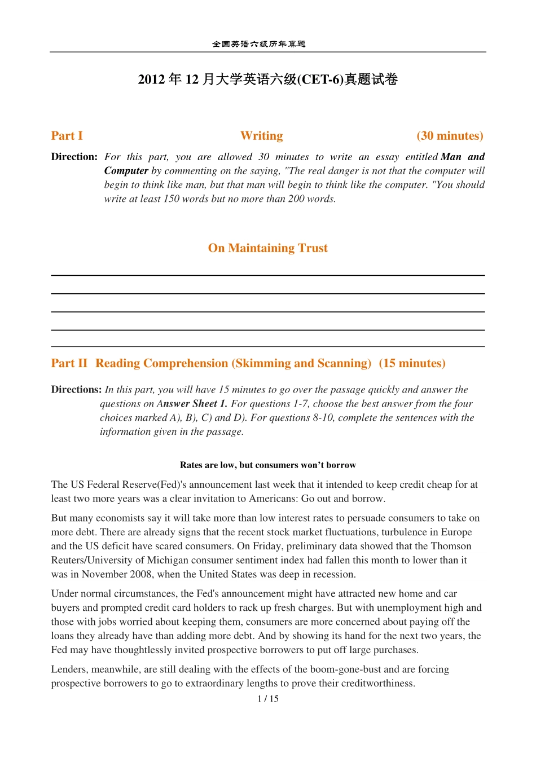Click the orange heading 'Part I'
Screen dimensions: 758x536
[67, 136]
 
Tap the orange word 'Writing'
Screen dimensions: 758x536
[261, 136]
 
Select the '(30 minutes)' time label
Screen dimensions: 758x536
[450, 136]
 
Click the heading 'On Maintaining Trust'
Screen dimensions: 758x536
[267, 248]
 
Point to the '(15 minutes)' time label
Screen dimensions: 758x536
[412, 363]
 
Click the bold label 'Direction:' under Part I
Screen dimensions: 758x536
[74, 157]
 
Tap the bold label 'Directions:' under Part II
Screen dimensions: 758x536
[76, 390]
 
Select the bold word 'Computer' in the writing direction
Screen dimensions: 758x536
[126, 171]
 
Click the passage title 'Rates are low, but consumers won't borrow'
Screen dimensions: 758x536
[267, 465]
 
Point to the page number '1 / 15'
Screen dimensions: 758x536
[268, 699]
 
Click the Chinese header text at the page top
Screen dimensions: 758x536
[258, 44]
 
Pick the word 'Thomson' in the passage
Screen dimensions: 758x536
[451, 546]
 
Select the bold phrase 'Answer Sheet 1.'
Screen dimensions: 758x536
[192, 404]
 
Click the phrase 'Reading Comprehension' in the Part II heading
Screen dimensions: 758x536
[161, 363]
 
